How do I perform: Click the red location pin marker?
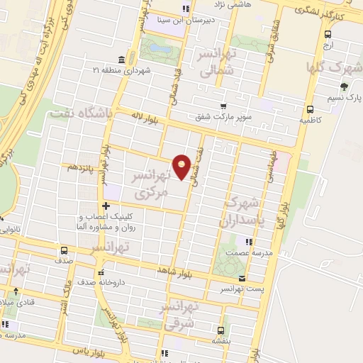tap(183, 167)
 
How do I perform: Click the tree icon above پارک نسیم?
tap(345, 86)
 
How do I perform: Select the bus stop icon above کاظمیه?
tap(310, 109)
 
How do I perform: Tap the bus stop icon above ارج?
tap(328, 34)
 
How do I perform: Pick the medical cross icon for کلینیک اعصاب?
tap(105, 206)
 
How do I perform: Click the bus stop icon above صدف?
tap(65, 250)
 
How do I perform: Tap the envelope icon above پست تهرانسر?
tap(243, 278)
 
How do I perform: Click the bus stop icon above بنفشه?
tap(220, 330)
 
